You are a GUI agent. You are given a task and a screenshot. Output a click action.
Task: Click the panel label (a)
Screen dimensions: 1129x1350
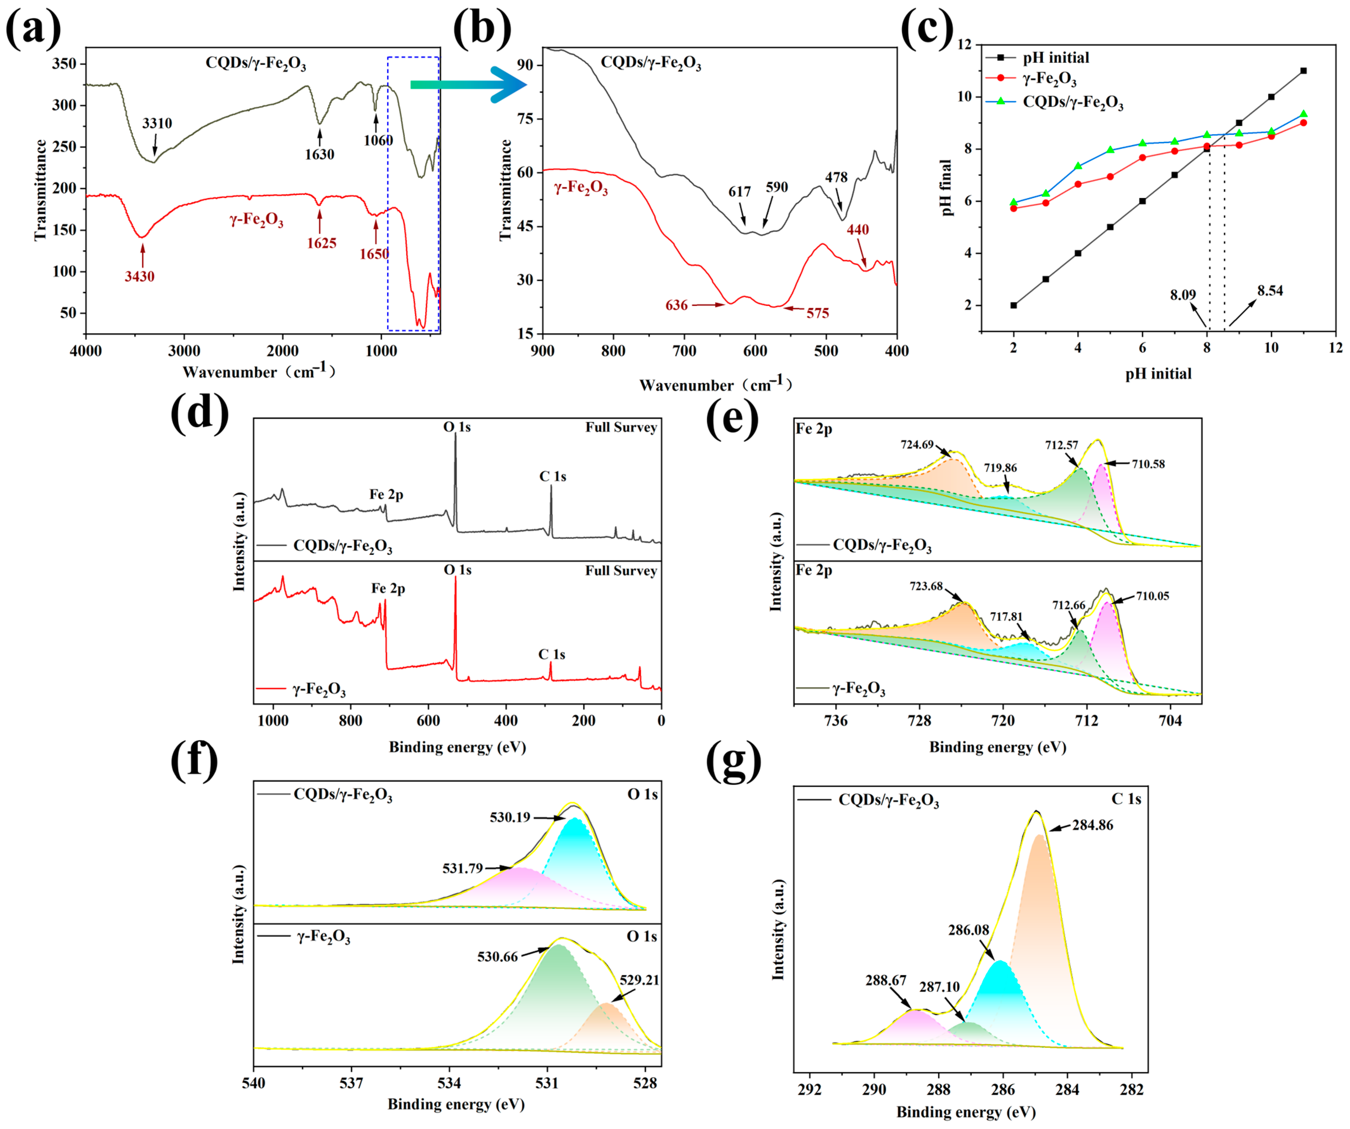pyautogui.click(x=33, y=29)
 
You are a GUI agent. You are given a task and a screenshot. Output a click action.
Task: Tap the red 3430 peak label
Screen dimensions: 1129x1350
pyautogui.click(x=139, y=276)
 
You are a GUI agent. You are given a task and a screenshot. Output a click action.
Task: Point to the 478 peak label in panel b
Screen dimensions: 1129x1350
pyautogui.click(x=836, y=177)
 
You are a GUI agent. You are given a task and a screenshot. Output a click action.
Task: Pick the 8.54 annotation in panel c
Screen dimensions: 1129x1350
pyautogui.click(x=1270, y=291)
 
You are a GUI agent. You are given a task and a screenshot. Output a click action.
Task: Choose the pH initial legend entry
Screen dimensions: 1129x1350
pyautogui.click(x=1055, y=58)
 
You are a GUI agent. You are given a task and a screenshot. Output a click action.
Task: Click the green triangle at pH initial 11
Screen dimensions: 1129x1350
pyautogui.click(x=1303, y=114)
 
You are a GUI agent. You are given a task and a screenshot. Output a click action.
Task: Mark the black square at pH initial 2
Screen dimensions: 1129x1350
pyautogui.click(x=1014, y=305)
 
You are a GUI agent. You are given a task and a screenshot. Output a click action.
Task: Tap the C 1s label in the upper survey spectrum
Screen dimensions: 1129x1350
pyautogui.click(x=552, y=476)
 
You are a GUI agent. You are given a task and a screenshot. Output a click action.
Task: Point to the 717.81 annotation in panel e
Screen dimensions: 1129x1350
pyautogui.click(x=1006, y=617)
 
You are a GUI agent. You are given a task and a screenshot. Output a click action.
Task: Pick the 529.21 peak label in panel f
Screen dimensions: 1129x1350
pyautogui.click(x=639, y=980)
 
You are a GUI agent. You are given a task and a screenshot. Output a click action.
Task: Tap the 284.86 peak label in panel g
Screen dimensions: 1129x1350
pyautogui.click(x=1092, y=825)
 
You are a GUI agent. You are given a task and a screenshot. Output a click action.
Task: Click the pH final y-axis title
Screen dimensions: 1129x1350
pyautogui.click(x=946, y=188)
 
